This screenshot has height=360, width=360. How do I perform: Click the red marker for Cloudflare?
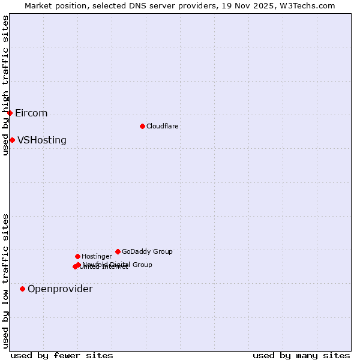142,126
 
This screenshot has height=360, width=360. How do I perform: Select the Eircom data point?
10,113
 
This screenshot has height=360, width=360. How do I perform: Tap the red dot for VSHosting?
12,140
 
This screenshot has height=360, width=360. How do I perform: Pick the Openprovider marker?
22,289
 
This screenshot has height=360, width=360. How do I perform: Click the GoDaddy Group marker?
118,251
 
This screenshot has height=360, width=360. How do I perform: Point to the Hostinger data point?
77,256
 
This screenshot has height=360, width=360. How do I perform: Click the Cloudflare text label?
162,126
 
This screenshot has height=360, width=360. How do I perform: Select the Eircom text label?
31,113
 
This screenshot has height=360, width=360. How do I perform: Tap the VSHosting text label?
42,140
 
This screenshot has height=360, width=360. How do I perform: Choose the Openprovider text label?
60,289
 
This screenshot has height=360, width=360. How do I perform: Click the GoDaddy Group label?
147,251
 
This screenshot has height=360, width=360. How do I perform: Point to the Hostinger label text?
97,256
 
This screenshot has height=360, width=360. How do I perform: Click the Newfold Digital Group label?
118,264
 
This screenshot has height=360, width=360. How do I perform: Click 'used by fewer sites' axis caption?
62,355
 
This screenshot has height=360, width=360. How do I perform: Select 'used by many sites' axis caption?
301,355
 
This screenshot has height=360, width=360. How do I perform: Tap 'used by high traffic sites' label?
5,85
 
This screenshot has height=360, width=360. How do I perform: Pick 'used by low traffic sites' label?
5,281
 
